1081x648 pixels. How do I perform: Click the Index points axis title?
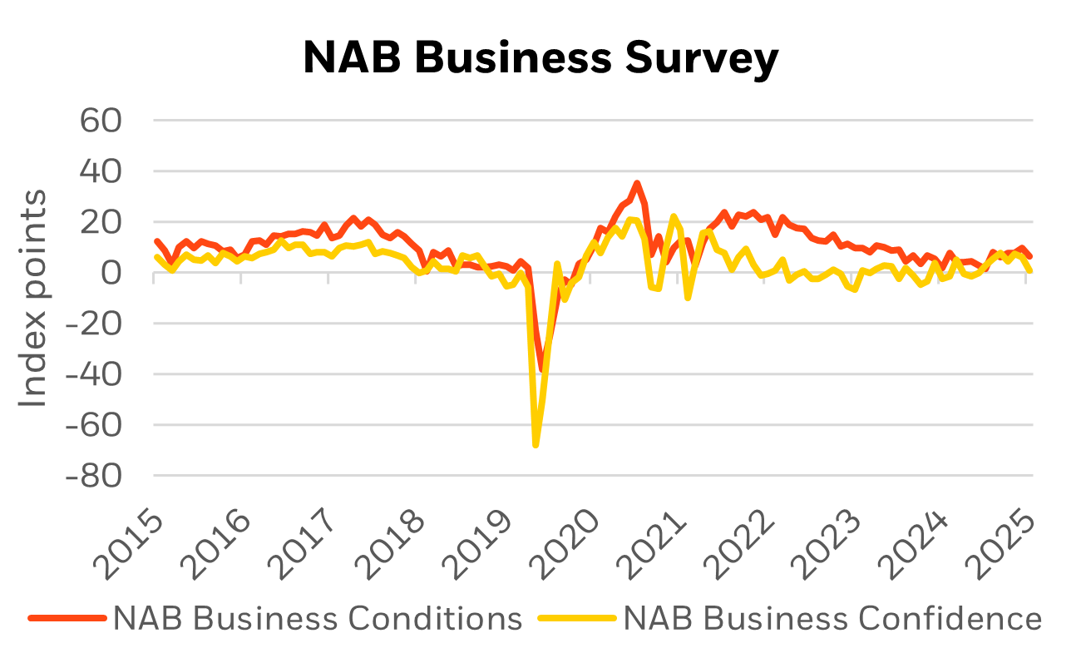tap(33, 299)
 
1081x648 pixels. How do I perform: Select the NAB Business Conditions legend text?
tap(318, 619)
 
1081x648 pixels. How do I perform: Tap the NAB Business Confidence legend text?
tap(832, 619)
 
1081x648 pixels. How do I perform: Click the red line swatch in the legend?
tap(67, 619)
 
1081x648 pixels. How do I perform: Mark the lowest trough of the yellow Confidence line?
tap(536, 445)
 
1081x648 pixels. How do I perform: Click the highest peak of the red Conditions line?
tap(637, 182)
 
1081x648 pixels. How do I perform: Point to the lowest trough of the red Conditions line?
tap(541, 369)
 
